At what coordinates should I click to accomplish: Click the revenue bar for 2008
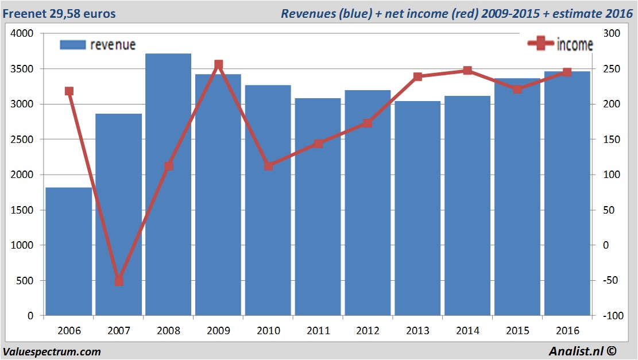[168, 184]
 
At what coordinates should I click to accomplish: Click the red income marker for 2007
[119, 281]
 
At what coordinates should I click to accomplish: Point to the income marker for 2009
[218, 65]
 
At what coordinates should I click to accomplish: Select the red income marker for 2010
[268, 166]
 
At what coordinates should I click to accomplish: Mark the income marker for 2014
[467, 71]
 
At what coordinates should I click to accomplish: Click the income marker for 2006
[69, 91]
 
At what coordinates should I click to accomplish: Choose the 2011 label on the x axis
[318, 331]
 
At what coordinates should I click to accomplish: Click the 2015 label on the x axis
[517, 331]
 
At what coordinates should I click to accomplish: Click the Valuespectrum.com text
[52, 351]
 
